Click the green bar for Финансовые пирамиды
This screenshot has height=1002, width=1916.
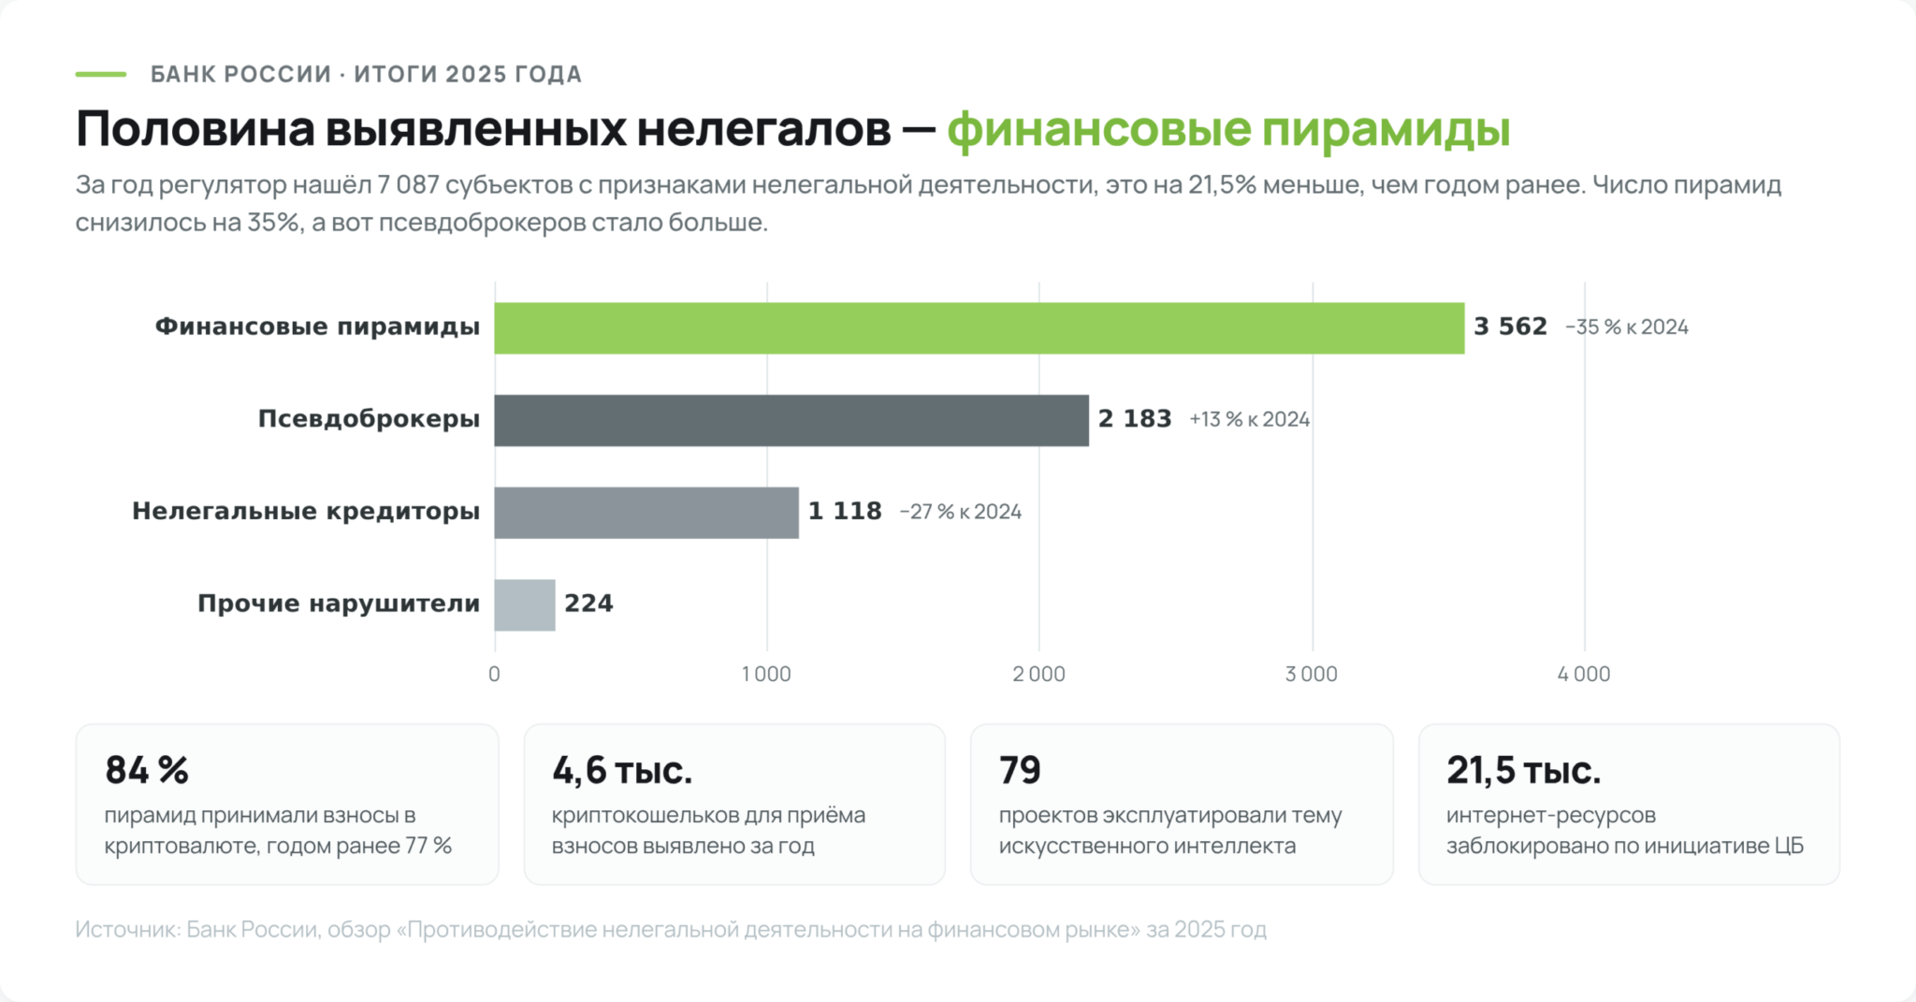tap(980, 327)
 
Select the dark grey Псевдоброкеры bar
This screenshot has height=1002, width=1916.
tap(791, 420)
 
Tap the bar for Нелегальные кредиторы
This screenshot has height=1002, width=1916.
tap(646, 513)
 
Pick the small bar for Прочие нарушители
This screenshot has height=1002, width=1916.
tap(525, 605)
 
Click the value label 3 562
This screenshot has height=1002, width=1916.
tap(1511, 327)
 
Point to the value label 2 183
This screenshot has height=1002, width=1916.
tap(1135, 419)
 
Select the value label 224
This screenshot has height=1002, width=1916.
tap(588, 603)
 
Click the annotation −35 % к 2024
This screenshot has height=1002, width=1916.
tap(1627, 327)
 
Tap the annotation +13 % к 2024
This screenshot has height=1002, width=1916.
tap(1249, 420)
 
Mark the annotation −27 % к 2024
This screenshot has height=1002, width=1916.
tap(961, 512)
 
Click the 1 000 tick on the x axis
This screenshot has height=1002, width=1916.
tap(766, 674)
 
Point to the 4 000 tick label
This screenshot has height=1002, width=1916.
tap(1584, 674)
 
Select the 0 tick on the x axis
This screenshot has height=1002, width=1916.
tap(494, 674)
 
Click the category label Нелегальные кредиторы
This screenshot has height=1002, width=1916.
tap(306, 512)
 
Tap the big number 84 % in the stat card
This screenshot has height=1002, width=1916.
tap(147, 770)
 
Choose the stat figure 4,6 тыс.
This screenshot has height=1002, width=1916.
tap(622, 770)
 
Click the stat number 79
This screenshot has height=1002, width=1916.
tap(1020, 770)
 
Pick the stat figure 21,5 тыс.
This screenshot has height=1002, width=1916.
tap(1524, 770)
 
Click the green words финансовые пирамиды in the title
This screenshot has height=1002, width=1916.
tap(1228, 129)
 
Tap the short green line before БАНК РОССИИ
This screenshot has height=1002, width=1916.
tap(101, 74)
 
